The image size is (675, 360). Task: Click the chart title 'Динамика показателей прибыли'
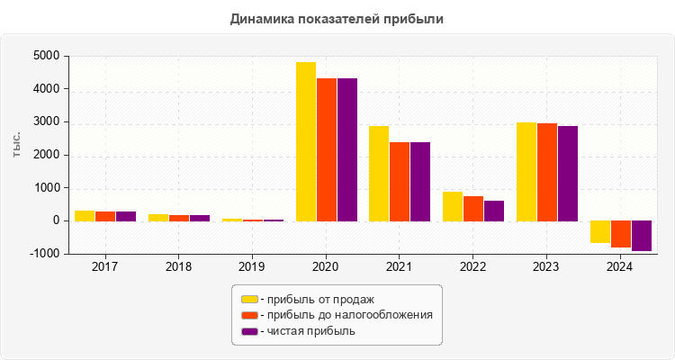pyautogui.click(x=337, y=18)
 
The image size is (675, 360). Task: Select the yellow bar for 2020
pyautogui.click(x=306, y=141)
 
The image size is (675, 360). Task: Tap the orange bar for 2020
pyautogui.click(x=327, y=149)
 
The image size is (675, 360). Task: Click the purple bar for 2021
pyautogui.click(x=420, y=181)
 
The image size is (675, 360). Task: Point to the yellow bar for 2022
pyautogui.click(x=453, y=206)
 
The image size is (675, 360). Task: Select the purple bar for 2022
pyautogui.click(x=494, y=211)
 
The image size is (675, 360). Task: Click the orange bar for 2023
pyautogui.click(x=547, y=172)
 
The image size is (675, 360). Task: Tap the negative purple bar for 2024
pyautogui.click(x=642, y=236)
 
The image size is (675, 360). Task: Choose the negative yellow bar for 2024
pyautogui.click(x=600, y=231)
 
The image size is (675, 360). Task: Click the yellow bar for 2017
pyautogui.click(x=85, y=215)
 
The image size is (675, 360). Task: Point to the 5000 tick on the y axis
pyautogui.click(x=46, y=57)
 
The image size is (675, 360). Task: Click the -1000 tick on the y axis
pyautogui.click(x=44, y=254)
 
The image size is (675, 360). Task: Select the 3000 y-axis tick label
pyautogui.click(x=46, y=122)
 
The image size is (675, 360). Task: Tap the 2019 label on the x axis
pyautogui.click(x=252, y=267)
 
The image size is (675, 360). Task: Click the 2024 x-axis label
pyautogui.click(x=619, y=267)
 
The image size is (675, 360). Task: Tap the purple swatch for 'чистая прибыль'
pyautogui.click(x=249, y=331)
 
